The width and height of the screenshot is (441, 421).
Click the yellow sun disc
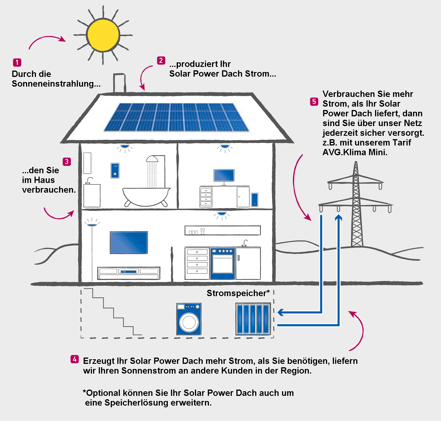click(103, 35)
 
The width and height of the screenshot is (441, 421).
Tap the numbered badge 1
click(17, 62)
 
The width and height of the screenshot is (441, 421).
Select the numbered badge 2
click(161, 61)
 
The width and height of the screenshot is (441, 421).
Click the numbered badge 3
click(67, 161)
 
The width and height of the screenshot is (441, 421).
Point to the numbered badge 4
click(75, 359)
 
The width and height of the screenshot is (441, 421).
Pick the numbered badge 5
click(314, 102)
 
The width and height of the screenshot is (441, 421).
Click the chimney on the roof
click(119, 83)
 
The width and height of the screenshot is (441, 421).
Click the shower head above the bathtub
click(152, 159)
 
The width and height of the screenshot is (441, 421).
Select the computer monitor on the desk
click(224, 175)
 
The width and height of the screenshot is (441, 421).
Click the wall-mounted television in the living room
click(129, 242)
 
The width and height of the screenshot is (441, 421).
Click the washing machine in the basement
click(189, 319)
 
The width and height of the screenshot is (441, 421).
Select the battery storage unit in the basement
click(253, 319)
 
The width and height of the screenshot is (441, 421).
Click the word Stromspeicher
click(236, 293)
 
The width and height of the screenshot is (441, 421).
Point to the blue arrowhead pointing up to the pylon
click(339, 218)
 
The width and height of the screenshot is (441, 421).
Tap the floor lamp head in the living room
click(92, 225)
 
